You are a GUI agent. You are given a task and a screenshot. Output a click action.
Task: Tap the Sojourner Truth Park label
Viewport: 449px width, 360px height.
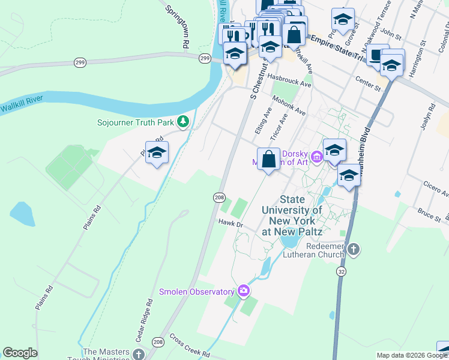click(136, 123)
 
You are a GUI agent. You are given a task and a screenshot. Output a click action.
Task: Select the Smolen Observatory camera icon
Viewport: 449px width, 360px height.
click(243, 291)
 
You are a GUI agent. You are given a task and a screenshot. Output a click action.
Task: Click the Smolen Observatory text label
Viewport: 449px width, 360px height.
click(196, 292)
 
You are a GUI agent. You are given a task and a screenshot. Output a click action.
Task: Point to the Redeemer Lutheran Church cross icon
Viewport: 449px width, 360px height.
click(354, 248)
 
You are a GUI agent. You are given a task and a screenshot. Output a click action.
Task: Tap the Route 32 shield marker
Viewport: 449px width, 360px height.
click(341, 271)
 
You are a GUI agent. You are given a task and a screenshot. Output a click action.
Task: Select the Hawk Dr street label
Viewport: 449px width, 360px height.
click(229, 224)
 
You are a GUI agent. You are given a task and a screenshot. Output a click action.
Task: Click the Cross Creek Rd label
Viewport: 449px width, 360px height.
click(189, 347)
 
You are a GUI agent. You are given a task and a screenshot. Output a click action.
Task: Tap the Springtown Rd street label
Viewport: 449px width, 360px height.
click(178, 27)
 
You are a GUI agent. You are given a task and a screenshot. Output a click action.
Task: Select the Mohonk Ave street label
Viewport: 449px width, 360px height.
click(289, 104)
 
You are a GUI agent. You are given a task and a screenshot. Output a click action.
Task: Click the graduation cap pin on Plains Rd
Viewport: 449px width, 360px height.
click(157, 154)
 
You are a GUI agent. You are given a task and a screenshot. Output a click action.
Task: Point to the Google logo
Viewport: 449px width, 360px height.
click(20, 353)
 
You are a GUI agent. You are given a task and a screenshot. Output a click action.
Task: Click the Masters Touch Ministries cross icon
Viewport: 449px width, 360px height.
click(139, 355)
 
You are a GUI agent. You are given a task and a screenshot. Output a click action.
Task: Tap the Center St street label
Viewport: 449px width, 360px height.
click(369, 83)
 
